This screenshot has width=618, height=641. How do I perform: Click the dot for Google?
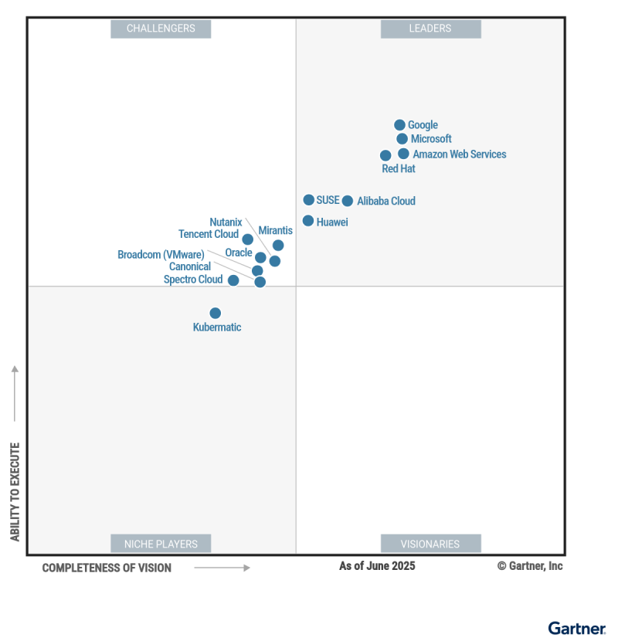pos(399,125)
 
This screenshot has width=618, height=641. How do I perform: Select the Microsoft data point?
pos(402,139)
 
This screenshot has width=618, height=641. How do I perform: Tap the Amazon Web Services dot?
pos(403,154)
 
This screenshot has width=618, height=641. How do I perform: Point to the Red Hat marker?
pos(385,155)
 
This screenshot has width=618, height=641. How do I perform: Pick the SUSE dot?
pos(309,200)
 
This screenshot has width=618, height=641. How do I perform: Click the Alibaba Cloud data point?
pos(348,201)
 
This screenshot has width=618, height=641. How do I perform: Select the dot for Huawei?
pos(308,221)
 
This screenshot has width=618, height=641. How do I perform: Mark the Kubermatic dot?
pos(216,313)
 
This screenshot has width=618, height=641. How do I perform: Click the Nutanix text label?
pos(226,222)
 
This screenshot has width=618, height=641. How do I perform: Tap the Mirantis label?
pos(275,230)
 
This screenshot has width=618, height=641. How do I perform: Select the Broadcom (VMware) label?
pos(161,255)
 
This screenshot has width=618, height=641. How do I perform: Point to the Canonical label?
pos(190,267)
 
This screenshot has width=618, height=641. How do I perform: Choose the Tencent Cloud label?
pos(209,235)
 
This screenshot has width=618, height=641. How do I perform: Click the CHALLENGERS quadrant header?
pos(161,29)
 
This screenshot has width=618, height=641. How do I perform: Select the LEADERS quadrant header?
pos(430,29)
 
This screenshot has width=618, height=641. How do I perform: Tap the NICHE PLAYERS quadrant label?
pos(161,544)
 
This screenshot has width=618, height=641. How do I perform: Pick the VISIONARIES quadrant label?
pos(430,544)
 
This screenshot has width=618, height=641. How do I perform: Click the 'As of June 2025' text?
pos(377,566)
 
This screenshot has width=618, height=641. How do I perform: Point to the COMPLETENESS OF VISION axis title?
pos(107,568)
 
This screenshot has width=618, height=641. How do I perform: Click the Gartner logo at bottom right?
pos(577,629)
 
